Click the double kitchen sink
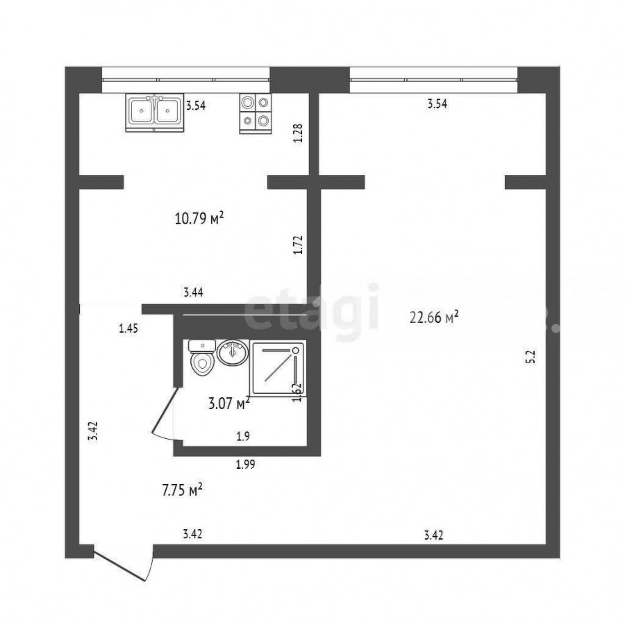[x=155, y=112]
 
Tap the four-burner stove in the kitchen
[x=255, y=114]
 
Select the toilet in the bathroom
[x=202, y=358]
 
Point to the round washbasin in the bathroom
[x=233, y=352]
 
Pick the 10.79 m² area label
[x=199, y=219]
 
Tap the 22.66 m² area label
[x=434, y=317]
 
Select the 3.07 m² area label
[x=229, y=403]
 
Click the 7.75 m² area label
[x=182, y=490]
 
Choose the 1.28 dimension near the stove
[x=298, y=133]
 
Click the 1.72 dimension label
[x=298, y=245]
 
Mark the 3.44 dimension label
[x=193, y=292]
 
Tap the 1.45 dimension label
[x=128, y=328]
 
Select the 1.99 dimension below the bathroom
[x=246, y=464]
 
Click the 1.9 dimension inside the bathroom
[x=243, y=437]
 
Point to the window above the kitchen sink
[x=185, y=80]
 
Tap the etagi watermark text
[x=311, y=311]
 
